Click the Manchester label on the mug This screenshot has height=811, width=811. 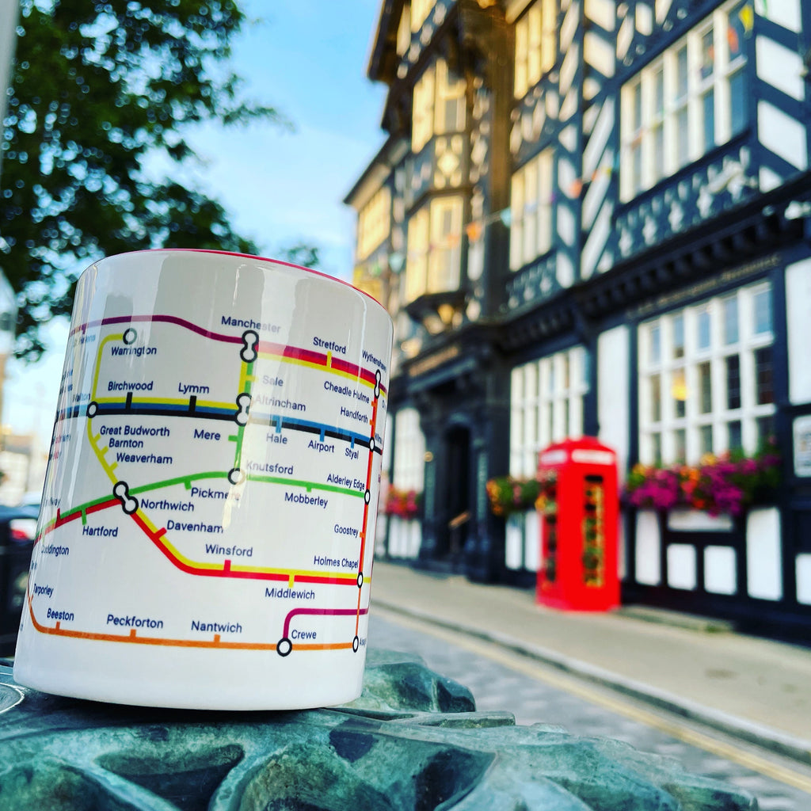(x=250, y=324)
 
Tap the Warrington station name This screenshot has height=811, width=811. (x=133, y=351)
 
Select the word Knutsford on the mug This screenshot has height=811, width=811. (x=269, y=467)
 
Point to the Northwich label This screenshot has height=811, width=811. (x=167, y=505)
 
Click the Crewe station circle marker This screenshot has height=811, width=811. (x=284, y=647)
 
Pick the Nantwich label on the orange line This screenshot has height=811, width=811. (x=216, y=626)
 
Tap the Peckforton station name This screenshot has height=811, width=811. (x=135, y=621)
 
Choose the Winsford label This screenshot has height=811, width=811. (x=229, y=550)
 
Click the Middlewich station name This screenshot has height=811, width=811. (x=290, y=592)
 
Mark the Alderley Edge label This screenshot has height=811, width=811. (x=346, y=482)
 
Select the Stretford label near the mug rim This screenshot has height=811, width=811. (x=329, y=346)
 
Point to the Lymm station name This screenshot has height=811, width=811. (x=193, y=388)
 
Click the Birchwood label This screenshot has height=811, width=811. (x=130, y=386)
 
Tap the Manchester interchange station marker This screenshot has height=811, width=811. (x=249, y=346)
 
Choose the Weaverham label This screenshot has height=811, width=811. (x=144, y=458)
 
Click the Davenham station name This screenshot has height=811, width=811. (x=195, y=526)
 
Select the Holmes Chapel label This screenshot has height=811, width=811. (x=336, y=562)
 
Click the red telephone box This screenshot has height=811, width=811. (x=579, y=524)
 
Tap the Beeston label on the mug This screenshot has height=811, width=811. (x=60, y=614)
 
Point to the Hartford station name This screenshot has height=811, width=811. (x=100, y=531)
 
